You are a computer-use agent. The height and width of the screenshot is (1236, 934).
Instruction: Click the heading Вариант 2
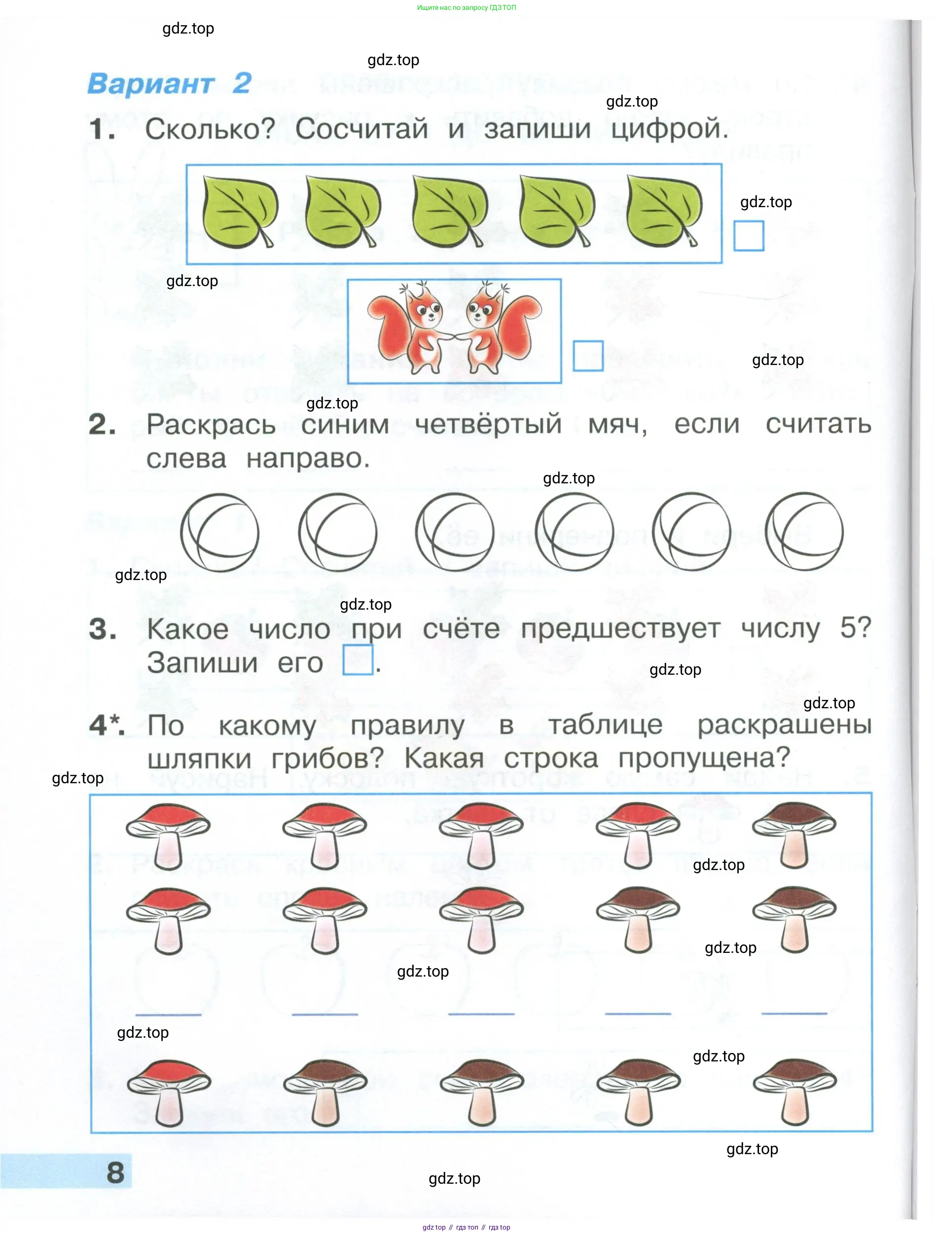coord(169,84)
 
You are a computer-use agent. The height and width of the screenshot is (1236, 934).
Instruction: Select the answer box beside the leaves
coord(748,236)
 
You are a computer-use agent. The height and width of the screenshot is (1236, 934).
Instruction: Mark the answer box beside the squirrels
coord(588,356)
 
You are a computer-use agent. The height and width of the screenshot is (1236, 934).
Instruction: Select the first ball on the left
coord(219,533)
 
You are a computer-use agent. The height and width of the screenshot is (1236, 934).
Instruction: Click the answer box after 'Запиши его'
coord(358,660)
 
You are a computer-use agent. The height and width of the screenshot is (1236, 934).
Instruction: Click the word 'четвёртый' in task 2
coord(488,424)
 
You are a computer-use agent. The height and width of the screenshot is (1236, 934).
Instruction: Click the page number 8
coord(115,1172)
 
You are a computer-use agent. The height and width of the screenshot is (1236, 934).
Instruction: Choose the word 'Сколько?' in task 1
coord(210,129)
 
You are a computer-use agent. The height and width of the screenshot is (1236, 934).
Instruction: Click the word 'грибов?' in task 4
coord(327,758)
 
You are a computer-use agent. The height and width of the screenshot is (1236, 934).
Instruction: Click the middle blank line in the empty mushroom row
coord(481,1013)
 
